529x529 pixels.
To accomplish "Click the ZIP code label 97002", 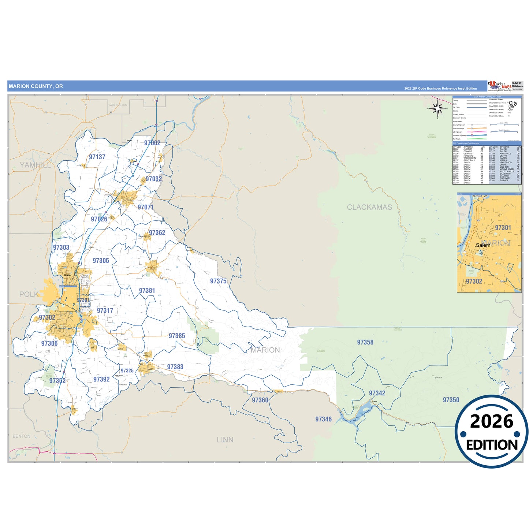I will [152, 143].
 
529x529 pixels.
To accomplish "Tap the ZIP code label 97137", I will [97, 157].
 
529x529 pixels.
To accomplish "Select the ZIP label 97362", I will [157, 232].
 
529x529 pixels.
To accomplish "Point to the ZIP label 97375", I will [218, 281].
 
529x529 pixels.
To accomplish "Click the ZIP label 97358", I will [365, 342].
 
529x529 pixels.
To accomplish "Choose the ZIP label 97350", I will [451, 400].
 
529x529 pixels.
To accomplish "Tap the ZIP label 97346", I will [324, 419].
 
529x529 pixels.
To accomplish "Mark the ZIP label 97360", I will [260, 400].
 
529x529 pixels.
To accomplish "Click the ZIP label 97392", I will [101, 379].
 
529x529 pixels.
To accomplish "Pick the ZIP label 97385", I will [177, 336].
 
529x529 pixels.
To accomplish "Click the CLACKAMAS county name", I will [369, 207].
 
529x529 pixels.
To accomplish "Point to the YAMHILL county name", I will [36, 165].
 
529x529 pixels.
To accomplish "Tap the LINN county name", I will [225, 440].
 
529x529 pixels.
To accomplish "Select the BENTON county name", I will [22, 436].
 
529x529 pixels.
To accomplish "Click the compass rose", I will [437, 109].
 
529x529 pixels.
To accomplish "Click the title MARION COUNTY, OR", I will [36, 86].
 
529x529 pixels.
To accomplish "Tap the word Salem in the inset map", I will [483, 245].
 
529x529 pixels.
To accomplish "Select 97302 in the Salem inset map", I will [474, 281].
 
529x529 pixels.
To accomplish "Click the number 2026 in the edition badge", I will [492, 421].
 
